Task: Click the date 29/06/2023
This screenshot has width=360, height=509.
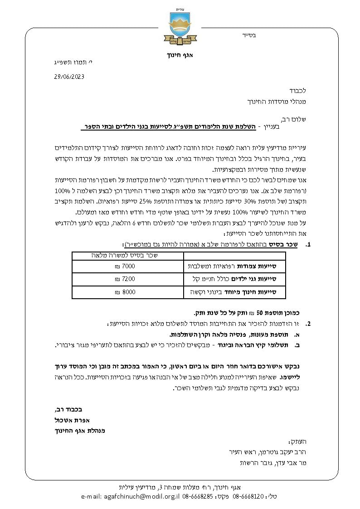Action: pos(69,77)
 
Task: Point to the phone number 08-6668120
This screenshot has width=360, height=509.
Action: pos(248,497)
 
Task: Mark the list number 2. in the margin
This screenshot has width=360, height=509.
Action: pos(308,324)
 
